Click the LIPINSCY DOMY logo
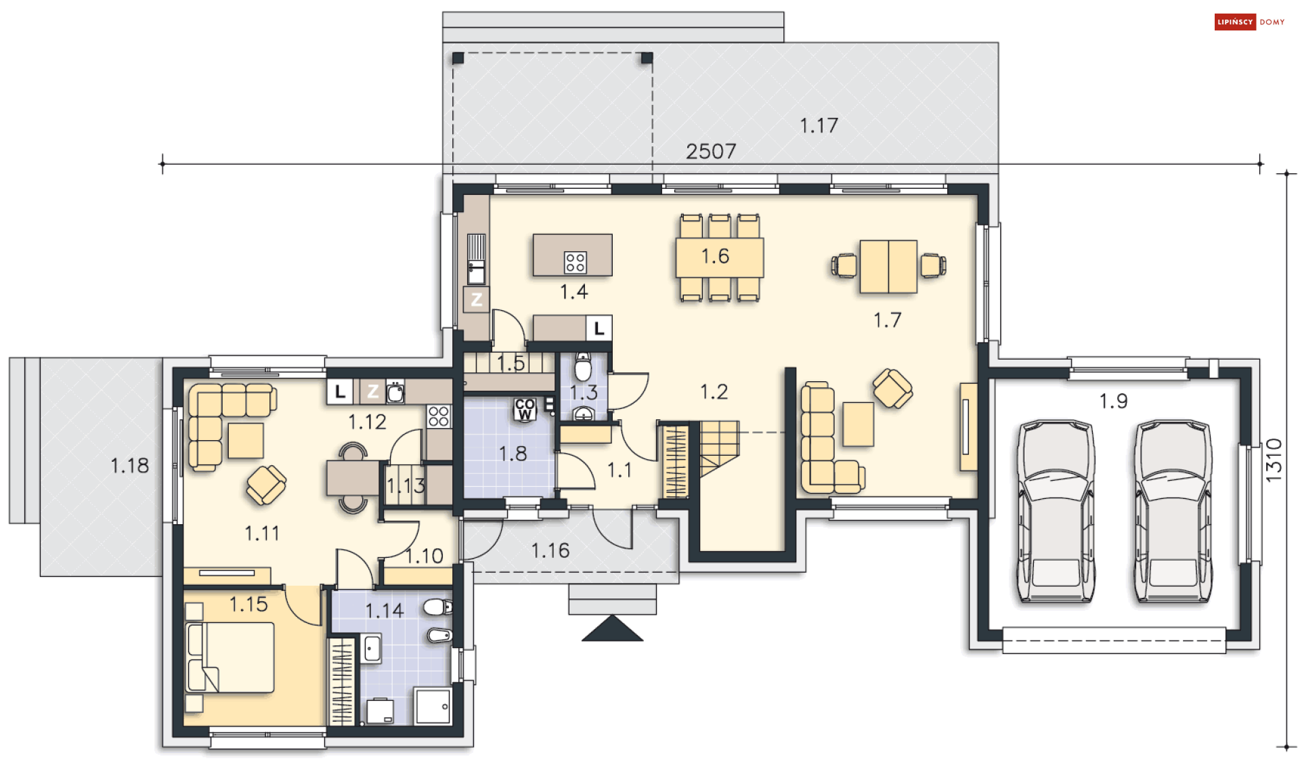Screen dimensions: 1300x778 (1250, 22)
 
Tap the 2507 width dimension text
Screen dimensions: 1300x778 (711, 151)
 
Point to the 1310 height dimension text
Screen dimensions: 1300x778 (1274, 460)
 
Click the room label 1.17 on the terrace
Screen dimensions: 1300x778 (819, 125)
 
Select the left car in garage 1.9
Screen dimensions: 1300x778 (1056, 511)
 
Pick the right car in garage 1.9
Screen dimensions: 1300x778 (1173, 511)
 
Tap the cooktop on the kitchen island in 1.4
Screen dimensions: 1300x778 (575, 262)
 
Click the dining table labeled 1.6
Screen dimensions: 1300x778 (720, 257)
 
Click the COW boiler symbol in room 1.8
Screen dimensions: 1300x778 (525, 409)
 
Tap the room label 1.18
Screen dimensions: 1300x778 (129, 466)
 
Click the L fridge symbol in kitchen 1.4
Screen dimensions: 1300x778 (599, 329)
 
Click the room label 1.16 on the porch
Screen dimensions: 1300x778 (550, 550)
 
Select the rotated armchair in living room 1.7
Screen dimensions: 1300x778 (893, 389)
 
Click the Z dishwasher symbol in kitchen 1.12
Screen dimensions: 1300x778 (372, 391)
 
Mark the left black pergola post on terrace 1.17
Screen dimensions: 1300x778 (458, 58)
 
